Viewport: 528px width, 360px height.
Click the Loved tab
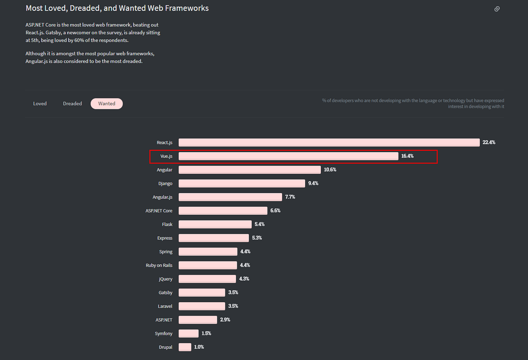[40, 104]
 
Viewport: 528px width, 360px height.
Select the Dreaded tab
[73, 104]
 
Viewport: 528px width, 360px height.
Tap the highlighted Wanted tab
[106, 104]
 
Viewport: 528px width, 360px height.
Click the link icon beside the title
[497, 9]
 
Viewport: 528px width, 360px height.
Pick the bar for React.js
[329, 142]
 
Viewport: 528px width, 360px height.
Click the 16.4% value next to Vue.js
[407, 156]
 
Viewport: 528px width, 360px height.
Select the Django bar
[242, 183]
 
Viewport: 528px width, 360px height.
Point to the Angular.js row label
[162, 197]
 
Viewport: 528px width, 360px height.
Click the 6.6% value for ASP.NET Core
[275, 211]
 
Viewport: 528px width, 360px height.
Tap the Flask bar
[215, 224]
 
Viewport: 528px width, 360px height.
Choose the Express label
[165, 238]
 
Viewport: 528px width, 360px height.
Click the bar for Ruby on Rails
[207, 265]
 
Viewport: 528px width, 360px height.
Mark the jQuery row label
[165, 279]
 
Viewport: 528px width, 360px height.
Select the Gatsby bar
[202, 292]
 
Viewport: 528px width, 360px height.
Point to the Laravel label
[165, 306]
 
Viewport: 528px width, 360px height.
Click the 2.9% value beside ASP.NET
[225, 320]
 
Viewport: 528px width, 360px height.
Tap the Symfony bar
[189, 333]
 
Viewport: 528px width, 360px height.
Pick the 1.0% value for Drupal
[199, 347]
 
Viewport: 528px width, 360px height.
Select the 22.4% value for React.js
[489, 142]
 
